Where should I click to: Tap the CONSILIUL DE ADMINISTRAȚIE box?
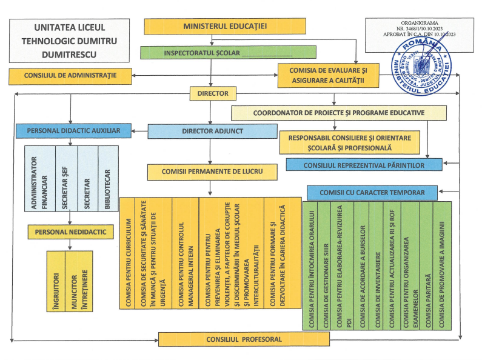pyautogui.click(x=70, y=76)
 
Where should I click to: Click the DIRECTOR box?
pyautogui.click(x=213, y=93)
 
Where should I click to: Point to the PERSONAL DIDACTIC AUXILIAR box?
pyautogui.click(x=73, y=130)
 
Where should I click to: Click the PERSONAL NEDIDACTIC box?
pyautogui.click(x=70, y=232)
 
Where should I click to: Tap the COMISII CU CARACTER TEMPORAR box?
pyautogui.click(x=372, y=193)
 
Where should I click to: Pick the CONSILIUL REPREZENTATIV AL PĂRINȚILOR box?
pyautogui.click(x=372, y=164)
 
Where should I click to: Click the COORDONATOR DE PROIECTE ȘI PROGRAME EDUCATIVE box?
pyautogui.click(x=339, y=113)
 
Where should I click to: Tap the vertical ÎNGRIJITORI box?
pyautogui.click(x=55, y=281)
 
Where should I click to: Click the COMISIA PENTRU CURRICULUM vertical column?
pyautogui.click(x=128, y=253)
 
